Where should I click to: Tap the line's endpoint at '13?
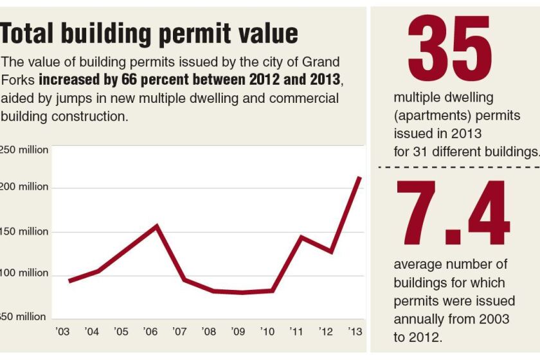pos(360,178)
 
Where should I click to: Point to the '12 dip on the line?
pos(331,251)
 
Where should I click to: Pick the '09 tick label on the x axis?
pos(237,332)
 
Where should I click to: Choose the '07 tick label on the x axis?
pos(179,332)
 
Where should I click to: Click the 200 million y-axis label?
pos(24,186)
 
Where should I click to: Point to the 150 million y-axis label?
pos(24,231)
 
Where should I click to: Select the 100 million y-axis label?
pos(24,273)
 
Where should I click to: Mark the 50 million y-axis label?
pos(24,316)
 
